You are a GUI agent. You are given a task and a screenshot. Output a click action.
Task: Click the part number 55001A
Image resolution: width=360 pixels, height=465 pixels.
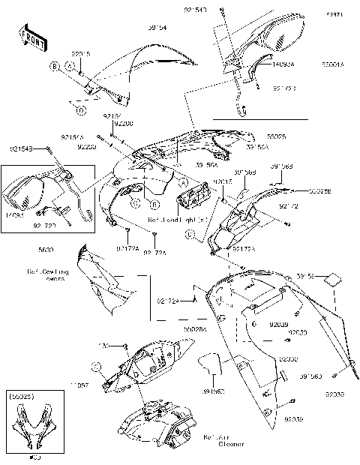pyautogui.click(x=332, y=65)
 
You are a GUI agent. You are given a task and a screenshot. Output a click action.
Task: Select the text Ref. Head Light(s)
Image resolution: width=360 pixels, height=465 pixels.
pyautogui.click(x=179, y=220)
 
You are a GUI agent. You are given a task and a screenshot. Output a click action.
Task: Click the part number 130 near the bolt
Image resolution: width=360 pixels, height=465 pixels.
pyautogui.click(x=105, y=346)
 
